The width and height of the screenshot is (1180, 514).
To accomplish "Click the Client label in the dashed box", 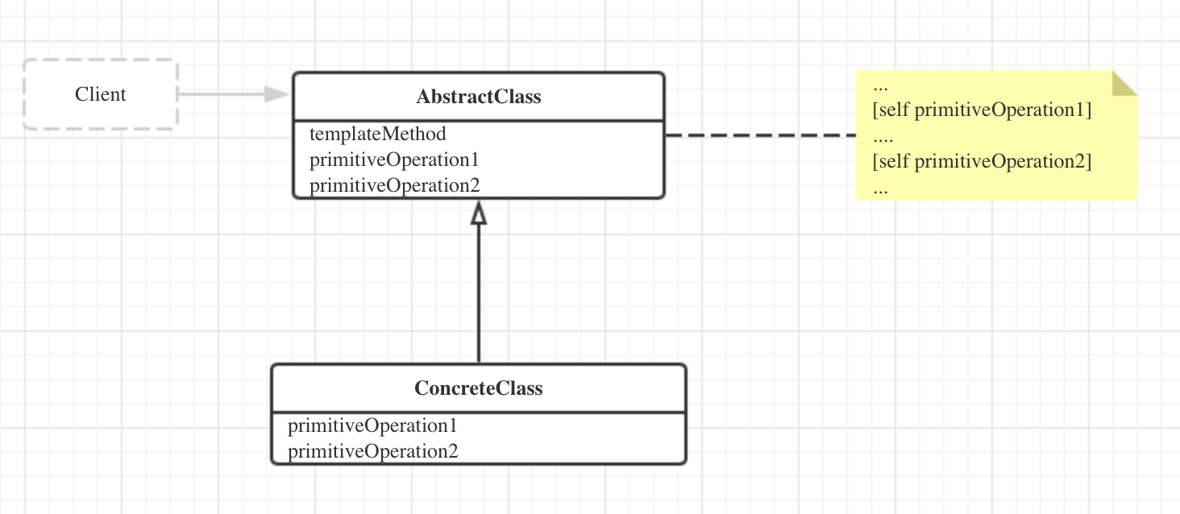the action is (100, 94).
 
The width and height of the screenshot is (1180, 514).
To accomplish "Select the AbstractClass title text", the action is (478, 97).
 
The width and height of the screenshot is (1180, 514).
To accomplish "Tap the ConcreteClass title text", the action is (478, 388).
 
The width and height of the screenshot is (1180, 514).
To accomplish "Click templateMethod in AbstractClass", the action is (378, 134).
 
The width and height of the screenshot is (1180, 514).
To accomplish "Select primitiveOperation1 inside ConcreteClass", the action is (372, 425).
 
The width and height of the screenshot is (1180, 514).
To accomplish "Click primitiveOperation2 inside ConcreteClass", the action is (373, 451).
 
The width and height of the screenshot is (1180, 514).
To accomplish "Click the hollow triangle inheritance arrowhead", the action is (478, 213).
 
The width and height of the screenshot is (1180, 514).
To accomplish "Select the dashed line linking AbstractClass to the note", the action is (761, 135).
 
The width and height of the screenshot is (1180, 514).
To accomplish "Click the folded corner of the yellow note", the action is (1124, 83).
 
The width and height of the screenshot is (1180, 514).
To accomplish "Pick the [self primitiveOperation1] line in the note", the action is (982, 110).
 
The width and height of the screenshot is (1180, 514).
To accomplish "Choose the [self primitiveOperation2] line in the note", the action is (982, 162).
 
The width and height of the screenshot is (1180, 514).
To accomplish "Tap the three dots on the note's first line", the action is (880, 89).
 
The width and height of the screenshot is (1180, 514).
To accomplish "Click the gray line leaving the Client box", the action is (221, 94).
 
